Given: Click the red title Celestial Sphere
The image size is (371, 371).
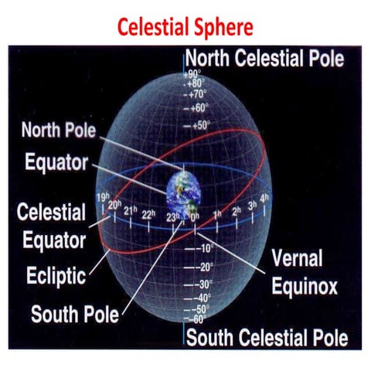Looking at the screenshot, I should point(185,27).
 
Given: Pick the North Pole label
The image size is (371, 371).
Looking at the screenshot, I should point(59,130).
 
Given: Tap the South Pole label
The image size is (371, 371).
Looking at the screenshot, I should point(75,315).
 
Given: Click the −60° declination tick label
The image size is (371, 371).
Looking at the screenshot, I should point(199,319).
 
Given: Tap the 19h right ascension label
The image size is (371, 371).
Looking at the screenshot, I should point(100,198).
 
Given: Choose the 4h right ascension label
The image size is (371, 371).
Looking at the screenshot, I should point(264,199).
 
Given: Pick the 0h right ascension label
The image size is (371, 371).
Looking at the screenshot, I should point(195,217).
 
